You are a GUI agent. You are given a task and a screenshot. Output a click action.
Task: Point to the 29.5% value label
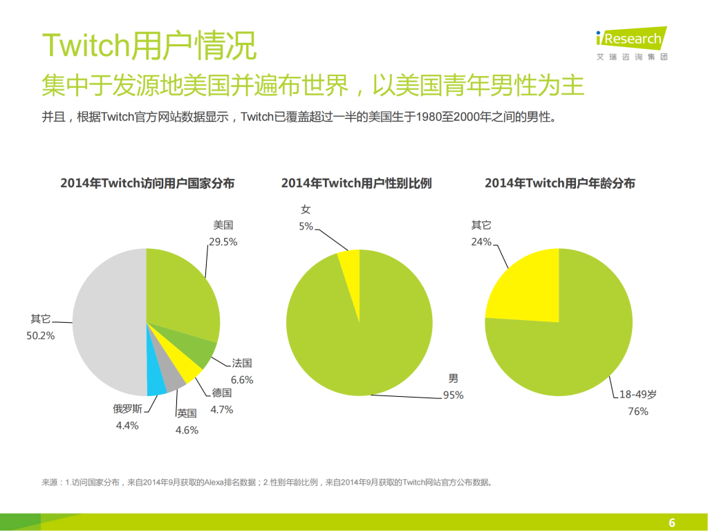pyautogui.click(x=223, y=242)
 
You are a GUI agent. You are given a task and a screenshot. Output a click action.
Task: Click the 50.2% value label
pyautogui.click(x=41, y=335)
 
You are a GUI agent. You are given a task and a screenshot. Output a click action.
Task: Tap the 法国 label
pyautogui.click(x=241, y=363)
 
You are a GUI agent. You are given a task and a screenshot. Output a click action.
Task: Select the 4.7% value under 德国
pyautogui.click(x=221, y=409)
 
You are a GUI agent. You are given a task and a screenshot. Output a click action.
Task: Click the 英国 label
pyautogui.click(x=187, y=413)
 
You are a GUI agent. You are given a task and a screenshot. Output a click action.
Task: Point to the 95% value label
pyautogui.click(x=453, y=395)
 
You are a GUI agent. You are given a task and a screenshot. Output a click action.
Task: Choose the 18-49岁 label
pyautogui.click(x=637, y=394)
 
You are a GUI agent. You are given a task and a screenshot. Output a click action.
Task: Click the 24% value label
pyautogui.click(x=481, y=242)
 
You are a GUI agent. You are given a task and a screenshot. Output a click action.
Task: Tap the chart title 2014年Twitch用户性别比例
pyautogui.click(x=356, y=183)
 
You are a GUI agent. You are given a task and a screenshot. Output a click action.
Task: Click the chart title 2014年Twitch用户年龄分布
pyautogui.click(x=559, y=183)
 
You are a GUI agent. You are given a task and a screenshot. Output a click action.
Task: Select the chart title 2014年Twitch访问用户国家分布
pyautogui.click(x=147, y=183)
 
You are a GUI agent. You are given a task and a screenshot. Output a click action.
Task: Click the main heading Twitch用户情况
pyautogui.click(x=149, y=46)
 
